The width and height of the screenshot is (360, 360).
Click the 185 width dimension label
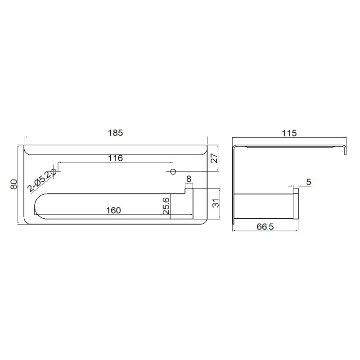[x=116, y=133]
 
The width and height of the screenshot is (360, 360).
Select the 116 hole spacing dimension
[x=116, y=158]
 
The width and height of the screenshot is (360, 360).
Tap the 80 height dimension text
[x=14, y=184]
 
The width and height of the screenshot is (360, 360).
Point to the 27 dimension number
[x=214, y=158]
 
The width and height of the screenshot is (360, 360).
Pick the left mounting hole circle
[x=54, y=171]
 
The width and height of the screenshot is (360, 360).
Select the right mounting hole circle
[x=173, y=171]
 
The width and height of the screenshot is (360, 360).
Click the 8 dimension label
[x=189, y=179]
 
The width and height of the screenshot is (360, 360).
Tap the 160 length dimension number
[x=113, y=210]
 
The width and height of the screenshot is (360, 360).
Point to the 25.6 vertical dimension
[x=166, y=206]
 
